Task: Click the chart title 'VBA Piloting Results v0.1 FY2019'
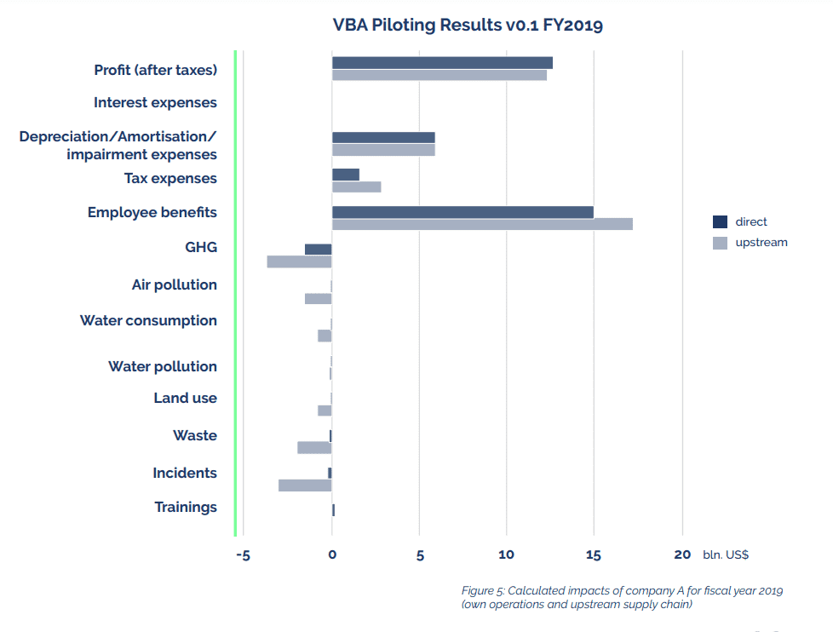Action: pyautogui.click(x=468, y=25)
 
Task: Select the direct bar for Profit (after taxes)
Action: pyautogui.click(x=442, y=62)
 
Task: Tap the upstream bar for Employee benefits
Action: pyautogui.click(x=482, y=224)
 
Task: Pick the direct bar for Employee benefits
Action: pyautogui.click(x=462, y=212)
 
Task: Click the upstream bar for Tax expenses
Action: pyautogui.click(x=356, y=187)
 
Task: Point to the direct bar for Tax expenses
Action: pyautogui.click(x=345, y=175)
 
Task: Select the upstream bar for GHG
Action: pyautogui.click(x=299, y=261)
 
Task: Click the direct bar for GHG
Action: pyautogui.click(x=318, y=249)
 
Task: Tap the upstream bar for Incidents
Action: pyautogui.click(x=304, y=485)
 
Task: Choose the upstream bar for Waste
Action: pyautogui.click(x=314, y=448)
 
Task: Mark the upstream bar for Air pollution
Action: pyautogui.click(x=318, y=299)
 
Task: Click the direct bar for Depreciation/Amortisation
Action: pyautogui.click(x=383, y=137)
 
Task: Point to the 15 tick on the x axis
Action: pyautogui.click(x=594, y=555)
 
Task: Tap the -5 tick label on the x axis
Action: pyautogui.click(x=243, y=555)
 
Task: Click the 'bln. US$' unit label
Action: pyautogui.click(x=726, y=555)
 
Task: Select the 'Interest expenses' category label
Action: pyautogui.click(x=155, y=103)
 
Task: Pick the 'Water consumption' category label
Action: pyautogui.click(x=148, y=321)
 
